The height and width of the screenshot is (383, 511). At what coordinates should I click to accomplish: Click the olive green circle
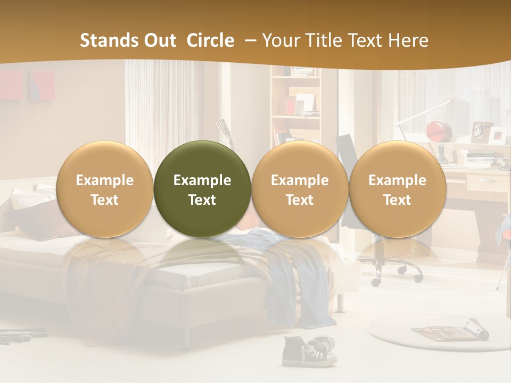[202, 189]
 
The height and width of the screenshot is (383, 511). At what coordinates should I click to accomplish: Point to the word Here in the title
[409, 40]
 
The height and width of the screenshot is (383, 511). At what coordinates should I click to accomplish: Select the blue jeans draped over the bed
[298, 277]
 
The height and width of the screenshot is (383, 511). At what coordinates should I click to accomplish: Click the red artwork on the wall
[42, 85]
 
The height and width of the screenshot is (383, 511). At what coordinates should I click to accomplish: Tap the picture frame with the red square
[498, 136]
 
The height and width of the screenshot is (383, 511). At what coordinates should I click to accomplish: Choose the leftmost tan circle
[104, 189]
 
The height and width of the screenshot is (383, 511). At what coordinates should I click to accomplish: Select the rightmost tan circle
[397, 189]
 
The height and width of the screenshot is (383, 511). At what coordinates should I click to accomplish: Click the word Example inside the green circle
[202, 180]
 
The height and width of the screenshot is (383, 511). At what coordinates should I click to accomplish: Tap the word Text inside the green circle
[202, 200]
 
